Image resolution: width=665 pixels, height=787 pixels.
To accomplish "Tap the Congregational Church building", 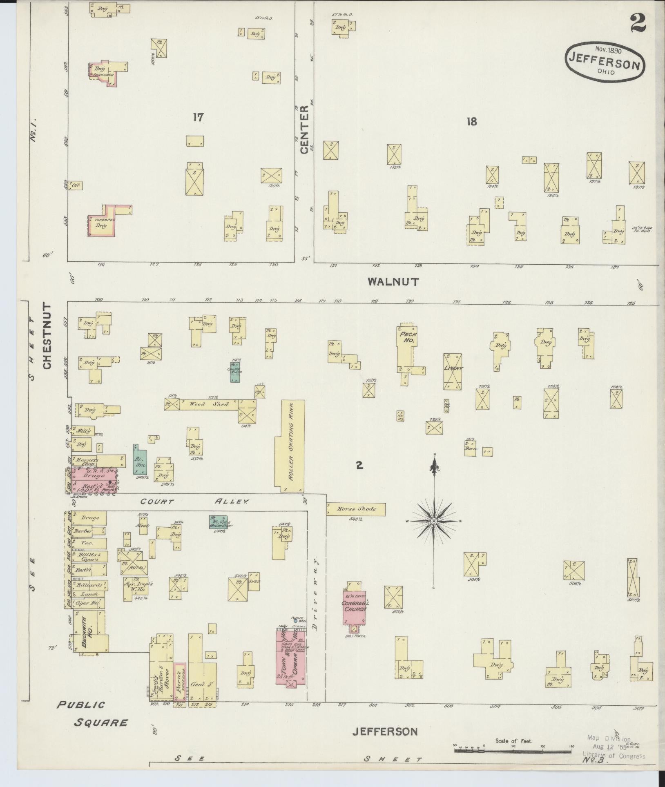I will coord(354,608).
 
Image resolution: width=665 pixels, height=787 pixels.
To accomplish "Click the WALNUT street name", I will coord(393,281).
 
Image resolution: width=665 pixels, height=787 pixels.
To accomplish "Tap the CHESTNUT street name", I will coord(48,336).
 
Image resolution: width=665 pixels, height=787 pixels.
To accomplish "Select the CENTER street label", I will coord(304,130).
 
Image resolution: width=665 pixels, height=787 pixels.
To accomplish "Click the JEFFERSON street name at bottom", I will coord(385,731).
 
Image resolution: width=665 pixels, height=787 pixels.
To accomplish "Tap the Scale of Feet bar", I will coord(513,745).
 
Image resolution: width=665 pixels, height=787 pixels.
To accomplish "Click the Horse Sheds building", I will coord(355,509).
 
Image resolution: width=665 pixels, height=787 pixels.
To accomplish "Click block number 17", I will coord(198,118).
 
